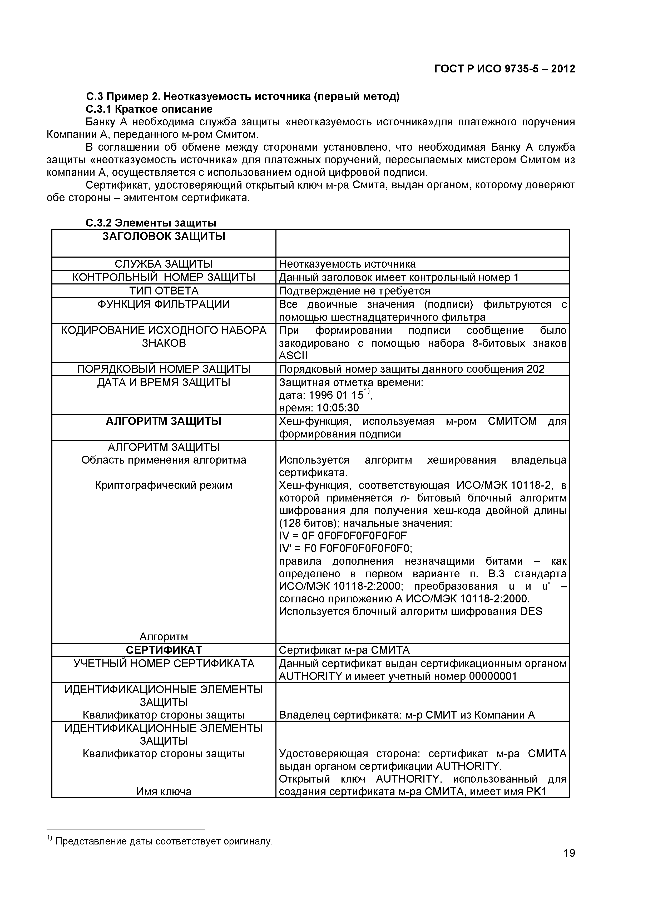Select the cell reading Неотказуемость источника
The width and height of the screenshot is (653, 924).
347,264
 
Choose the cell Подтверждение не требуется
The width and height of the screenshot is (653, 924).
354,291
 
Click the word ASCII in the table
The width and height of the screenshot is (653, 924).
293,356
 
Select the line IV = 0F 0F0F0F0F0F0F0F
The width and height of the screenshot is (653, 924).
343,536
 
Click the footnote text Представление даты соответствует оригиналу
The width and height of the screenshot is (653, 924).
164,841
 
